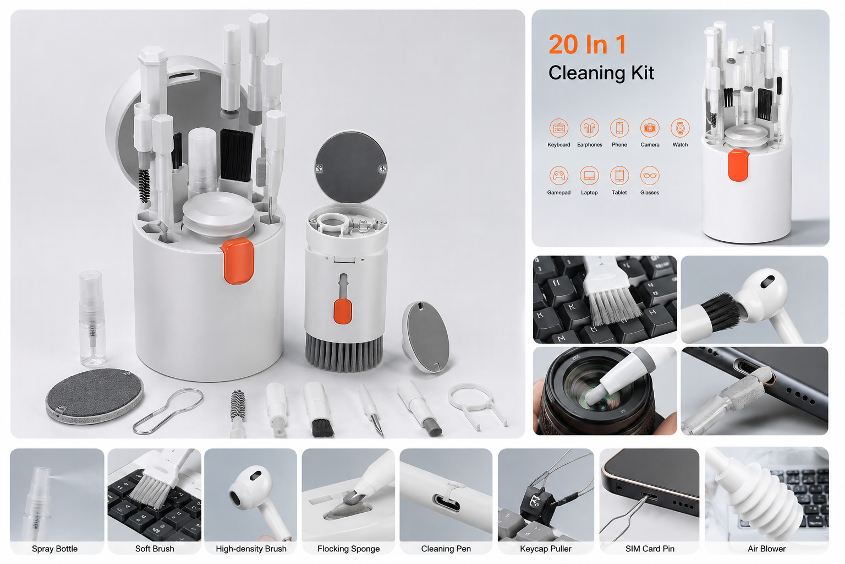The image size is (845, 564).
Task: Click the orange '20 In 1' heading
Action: tap(588, 45)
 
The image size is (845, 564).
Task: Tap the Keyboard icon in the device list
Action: tap(559, 128)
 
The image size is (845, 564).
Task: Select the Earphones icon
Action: tap(589, 128)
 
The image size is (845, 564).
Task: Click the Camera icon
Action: tap(650, 128)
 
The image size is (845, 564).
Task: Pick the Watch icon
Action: tap(680, 128)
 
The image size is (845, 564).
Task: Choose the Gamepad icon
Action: tap(559, 176)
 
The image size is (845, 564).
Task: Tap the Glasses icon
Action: tap(650, 176)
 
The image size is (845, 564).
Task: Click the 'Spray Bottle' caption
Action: tap(54, 549)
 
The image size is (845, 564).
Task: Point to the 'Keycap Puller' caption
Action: tap(546, 549)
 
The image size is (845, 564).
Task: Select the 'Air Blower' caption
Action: tap(766, 549)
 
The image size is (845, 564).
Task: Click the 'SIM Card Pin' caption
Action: tap(650, 549)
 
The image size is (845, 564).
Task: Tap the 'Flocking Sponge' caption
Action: tap(348, 549)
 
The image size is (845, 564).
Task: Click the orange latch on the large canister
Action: tap(237, 261)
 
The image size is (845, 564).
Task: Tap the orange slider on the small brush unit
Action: tap(343, 311)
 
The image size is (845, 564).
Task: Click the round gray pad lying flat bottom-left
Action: tap(94, 396)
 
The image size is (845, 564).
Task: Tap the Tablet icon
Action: tap(619, 176)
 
